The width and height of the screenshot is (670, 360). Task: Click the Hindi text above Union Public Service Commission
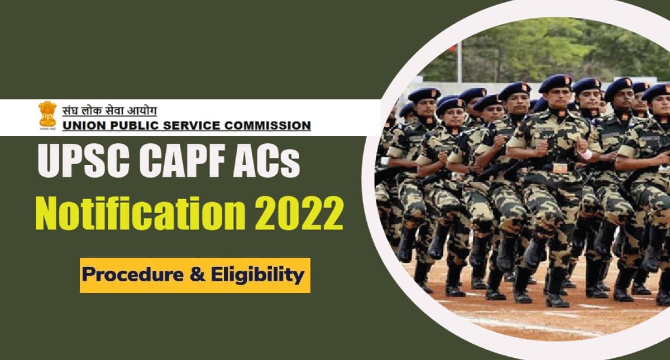(x=109, y=109)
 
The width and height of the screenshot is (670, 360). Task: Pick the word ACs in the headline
(x=268, y=162)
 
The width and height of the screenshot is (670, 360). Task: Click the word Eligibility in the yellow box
(x=260, y=275)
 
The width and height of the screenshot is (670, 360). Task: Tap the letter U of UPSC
(x=49, y=162)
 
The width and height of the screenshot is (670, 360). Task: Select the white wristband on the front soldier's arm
(x=586, y=154)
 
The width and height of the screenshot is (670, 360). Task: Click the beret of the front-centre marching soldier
(x=555, y=83)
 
